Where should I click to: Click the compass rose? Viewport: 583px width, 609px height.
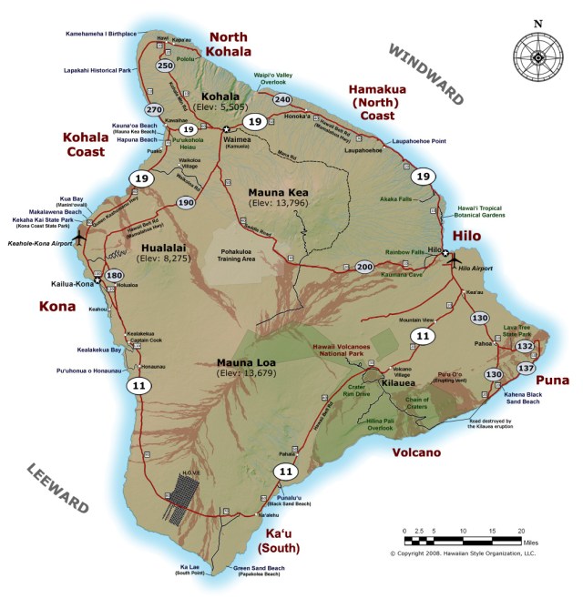[537, 56]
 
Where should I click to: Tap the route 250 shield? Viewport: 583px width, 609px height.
[165, 66]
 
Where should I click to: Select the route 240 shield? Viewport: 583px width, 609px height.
[282, 99]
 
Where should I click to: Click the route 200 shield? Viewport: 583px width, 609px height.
[364, 267]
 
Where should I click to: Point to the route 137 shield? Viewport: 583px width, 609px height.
[526, 367]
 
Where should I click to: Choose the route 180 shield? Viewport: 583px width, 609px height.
[114, 276]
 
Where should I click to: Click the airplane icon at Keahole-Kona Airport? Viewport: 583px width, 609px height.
[77, 236]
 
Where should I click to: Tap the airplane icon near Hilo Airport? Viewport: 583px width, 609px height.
[453, 258]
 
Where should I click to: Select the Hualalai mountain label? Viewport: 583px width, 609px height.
[166, 247]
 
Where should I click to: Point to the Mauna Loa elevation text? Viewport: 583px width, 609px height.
[248, 373]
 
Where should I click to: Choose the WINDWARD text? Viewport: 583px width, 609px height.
[426, 74]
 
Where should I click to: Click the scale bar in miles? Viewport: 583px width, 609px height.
[463, 530]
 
